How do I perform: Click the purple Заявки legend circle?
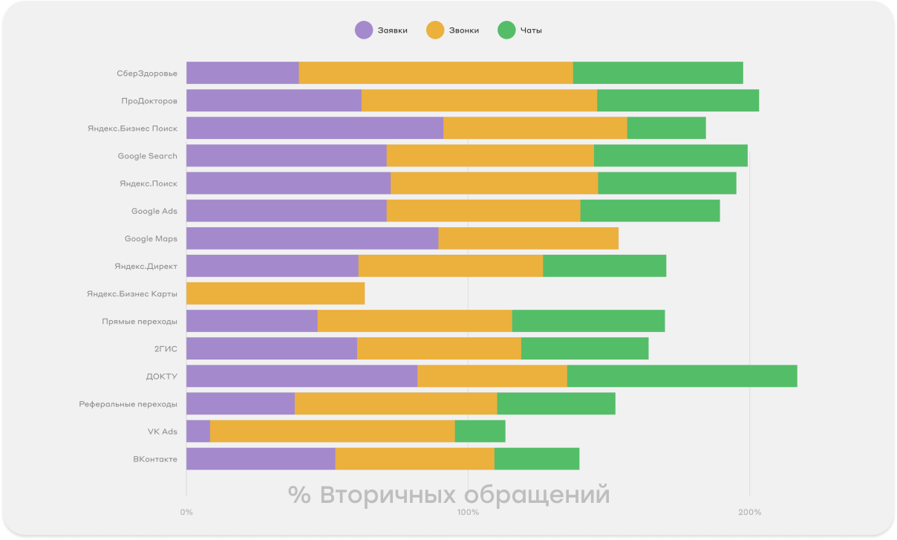(364, 30)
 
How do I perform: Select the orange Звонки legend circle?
(435, 30)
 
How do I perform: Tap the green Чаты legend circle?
(506, 30)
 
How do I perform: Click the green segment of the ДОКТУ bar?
(682, 376)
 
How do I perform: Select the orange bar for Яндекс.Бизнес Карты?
(275, 293)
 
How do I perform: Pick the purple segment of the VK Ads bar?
(198, 431)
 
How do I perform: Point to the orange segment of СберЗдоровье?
(436, 73)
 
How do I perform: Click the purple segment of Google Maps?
(312, 238)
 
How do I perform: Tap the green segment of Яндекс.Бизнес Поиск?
(666, 128)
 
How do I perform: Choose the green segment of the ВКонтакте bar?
(537, 459)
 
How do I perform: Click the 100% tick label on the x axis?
(468, 512)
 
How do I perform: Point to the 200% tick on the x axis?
(749, 512)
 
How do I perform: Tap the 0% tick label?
(186, 512)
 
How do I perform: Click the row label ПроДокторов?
(149, 100)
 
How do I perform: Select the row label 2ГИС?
(165, 348)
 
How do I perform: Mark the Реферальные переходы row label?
(128, 404)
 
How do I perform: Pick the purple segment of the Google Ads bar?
(286, 211)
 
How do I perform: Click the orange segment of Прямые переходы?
(414, 321)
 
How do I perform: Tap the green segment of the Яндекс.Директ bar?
(604, 266)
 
